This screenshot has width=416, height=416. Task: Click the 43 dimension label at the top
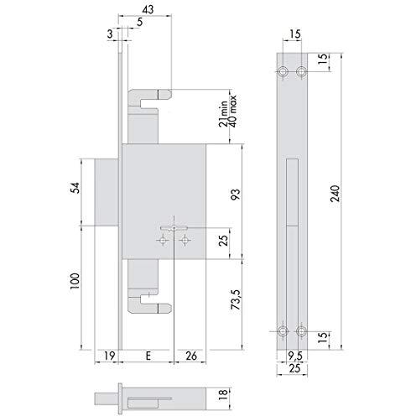coord(148,10)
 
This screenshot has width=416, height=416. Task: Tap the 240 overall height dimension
coord(335,194)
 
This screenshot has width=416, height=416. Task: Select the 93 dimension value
coord(236,195)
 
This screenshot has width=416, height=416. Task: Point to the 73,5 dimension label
coord(236,299)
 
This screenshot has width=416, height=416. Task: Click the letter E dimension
coord(148,356)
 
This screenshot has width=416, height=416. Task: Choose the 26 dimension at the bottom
coord(191,356)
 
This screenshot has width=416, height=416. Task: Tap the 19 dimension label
coord(110,356)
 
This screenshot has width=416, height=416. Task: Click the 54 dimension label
coord(75,188)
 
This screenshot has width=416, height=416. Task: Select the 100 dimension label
coord(75,281)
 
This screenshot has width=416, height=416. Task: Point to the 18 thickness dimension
coord(223,394)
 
